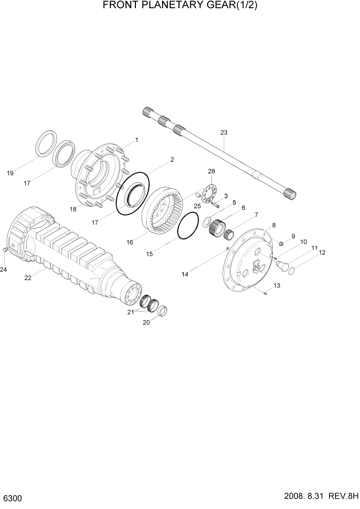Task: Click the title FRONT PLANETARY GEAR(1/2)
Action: [x=179, y=6]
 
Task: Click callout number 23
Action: [x=224, y=133]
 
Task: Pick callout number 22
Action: [x=28, y=278]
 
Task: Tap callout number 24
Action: [x=4, y=269]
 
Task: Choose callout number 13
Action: [x=276, y=285]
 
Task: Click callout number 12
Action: [x=322, y=252]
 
